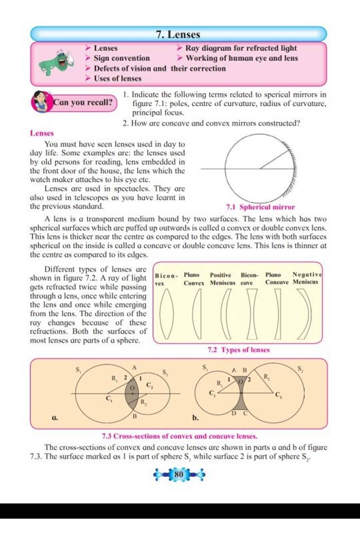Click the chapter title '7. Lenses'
[x=178, y=34]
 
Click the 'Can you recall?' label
[x=83, y=103]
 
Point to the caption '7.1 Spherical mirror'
[x=261, y=207]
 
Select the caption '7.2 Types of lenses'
[x=238, y=350]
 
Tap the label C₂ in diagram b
[x=278, y=395]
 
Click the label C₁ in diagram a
[x=109, y=398]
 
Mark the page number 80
[x=179, y=474]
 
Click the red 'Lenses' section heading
[x=42, y=133]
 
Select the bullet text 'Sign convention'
[x=122, y=58]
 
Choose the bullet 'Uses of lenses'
[x=117, y=79]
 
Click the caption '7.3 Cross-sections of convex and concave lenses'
[x=180, y=436]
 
